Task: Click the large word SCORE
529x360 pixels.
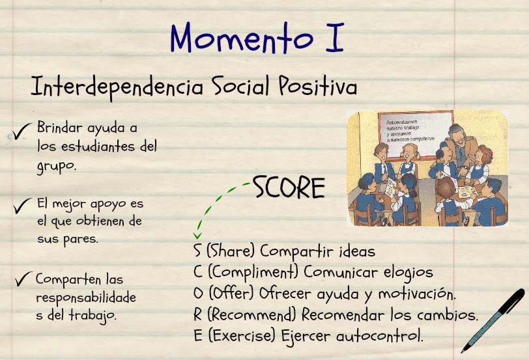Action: click(x=289, y=188)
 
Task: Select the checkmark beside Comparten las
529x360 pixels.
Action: click(x=23, y=280)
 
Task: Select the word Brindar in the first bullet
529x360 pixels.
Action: click(x=59, y=127)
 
